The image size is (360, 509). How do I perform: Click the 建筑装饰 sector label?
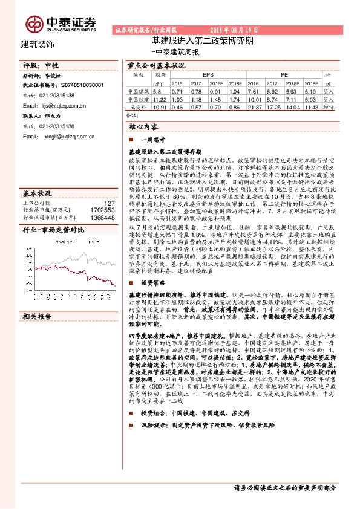tap(38, 44)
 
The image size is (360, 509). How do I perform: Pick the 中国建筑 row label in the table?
tap(139, 91)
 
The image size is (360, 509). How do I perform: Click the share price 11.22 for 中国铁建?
tap(160, 99)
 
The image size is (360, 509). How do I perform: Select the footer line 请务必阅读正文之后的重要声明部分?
tap(285, 487)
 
